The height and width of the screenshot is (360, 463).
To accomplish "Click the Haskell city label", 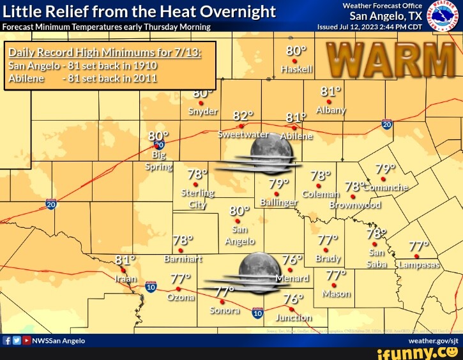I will click(x=297, y=68).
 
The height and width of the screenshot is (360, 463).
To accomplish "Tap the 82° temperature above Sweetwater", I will click(x=243, y=116).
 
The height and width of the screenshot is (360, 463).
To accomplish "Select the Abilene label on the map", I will click(x=297, y=136).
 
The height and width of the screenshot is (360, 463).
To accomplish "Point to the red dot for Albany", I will click(x=330, y=101).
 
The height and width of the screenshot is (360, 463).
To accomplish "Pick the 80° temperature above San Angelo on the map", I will click(x=240, y=210).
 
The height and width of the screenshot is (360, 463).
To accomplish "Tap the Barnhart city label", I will click(x=183, y=259).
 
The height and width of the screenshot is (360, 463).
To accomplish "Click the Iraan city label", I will click(x=125, y=279).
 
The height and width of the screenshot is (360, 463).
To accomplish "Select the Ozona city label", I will click(x=181, y=297).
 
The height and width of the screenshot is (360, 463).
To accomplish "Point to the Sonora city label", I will click(x=225, y=310).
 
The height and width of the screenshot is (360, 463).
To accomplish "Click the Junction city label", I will click(x=294, y=317).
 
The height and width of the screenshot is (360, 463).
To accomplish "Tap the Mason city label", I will click(x=337, y=294).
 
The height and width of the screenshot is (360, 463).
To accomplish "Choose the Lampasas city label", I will click(x=419, y=265).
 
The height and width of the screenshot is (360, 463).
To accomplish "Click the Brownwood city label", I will click(x=356, y=205).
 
